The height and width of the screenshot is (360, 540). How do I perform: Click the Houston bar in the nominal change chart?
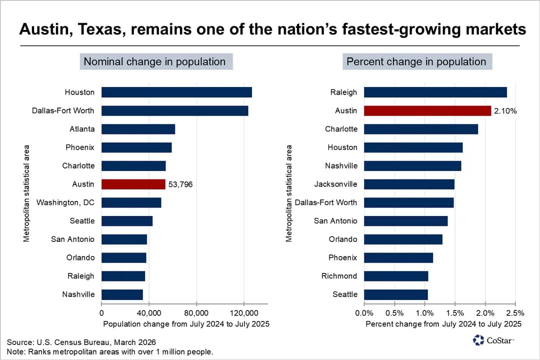[176, 92]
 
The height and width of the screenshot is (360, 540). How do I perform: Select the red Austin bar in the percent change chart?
[427, 110]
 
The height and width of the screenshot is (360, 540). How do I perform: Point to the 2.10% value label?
[505, 111]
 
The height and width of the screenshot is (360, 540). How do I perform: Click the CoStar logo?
[493, 340]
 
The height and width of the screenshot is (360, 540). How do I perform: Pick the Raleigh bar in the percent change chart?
[435, 92]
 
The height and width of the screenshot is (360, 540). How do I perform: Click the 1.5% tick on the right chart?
[454, 313]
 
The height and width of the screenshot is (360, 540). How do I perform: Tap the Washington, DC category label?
[65, 202]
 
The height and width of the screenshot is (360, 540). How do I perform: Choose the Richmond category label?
[339, 276]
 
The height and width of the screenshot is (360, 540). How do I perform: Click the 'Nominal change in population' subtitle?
[154, 62]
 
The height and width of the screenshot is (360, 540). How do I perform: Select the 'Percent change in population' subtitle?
[416, 62]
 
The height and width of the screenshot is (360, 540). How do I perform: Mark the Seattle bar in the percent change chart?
[395, 294]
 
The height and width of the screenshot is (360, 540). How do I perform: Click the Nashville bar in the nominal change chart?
[122, 294]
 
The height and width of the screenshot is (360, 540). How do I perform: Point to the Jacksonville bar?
[409, 184]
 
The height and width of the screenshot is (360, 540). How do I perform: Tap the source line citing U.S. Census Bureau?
[81, 342]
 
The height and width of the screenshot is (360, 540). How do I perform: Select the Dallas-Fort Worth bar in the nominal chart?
[174, 110]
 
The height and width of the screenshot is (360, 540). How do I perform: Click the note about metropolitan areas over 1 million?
[110, 352]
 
